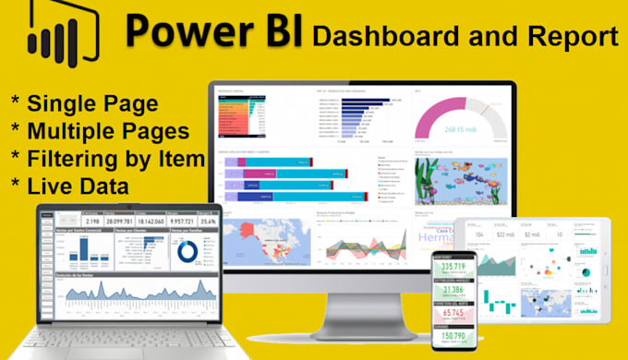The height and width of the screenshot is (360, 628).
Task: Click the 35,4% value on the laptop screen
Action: tap(206, 222)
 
